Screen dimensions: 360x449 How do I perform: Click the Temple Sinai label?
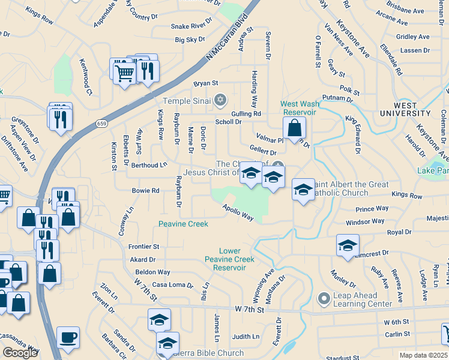pos(188,100)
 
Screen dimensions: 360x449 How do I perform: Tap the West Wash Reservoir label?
pos(298,108)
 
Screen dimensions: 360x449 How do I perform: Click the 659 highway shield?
pos(101,124)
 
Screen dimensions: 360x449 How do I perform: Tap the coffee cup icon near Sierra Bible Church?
pos(67,337)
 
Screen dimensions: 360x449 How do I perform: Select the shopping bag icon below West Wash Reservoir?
pos(294,128)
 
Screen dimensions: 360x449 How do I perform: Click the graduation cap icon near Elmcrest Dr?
pos(348,246)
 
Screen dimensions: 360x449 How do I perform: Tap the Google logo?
pos(20,353)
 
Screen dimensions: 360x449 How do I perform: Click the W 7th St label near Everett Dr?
pos(249,309)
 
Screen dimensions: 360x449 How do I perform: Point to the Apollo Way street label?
pos(238,212)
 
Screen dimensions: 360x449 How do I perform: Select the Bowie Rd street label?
pos(146,191)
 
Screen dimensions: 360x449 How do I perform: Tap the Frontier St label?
pos(143,247)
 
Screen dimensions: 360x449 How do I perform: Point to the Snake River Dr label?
pos(192,26)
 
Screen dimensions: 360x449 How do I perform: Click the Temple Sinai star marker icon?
pos(220,99)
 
